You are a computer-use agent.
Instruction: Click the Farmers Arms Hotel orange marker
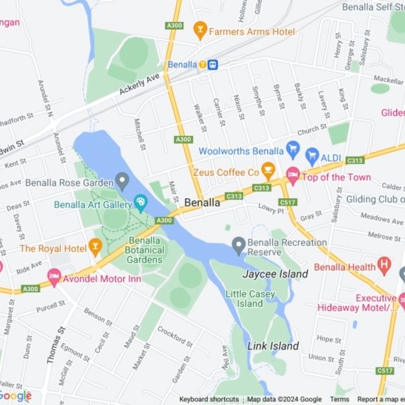click(201, 30)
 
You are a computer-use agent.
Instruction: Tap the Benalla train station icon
click(213, 65)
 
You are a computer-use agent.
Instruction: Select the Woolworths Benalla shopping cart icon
click(292, 149)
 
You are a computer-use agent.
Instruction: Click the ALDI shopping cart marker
click(312, 155)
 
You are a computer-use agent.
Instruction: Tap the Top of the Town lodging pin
click(292, 175)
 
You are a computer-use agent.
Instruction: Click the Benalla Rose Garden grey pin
click(123, 182)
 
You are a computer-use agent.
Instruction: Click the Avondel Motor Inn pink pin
click(54, 277)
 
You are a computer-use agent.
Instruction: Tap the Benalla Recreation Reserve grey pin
click(239, 244)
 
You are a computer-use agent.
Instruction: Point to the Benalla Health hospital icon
click(383, 265)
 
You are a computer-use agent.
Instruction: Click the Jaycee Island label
click(275, 274)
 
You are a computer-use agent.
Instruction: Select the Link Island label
click(273, 346)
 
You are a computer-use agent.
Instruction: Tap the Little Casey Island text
click(250, 299)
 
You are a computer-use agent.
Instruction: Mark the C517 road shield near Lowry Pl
click(287, 202)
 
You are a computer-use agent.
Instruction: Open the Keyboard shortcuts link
click(209, 399)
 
